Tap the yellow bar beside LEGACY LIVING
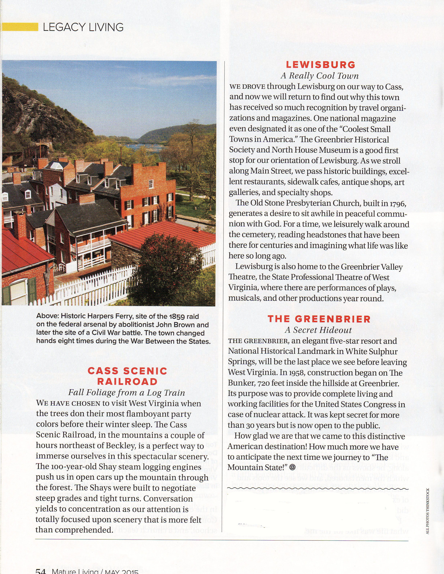coord(20,27)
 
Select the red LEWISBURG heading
coord(320,65)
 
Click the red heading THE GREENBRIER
coord(319,319)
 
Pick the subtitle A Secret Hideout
coord(318,330)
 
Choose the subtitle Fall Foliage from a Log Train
coord(126,393)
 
